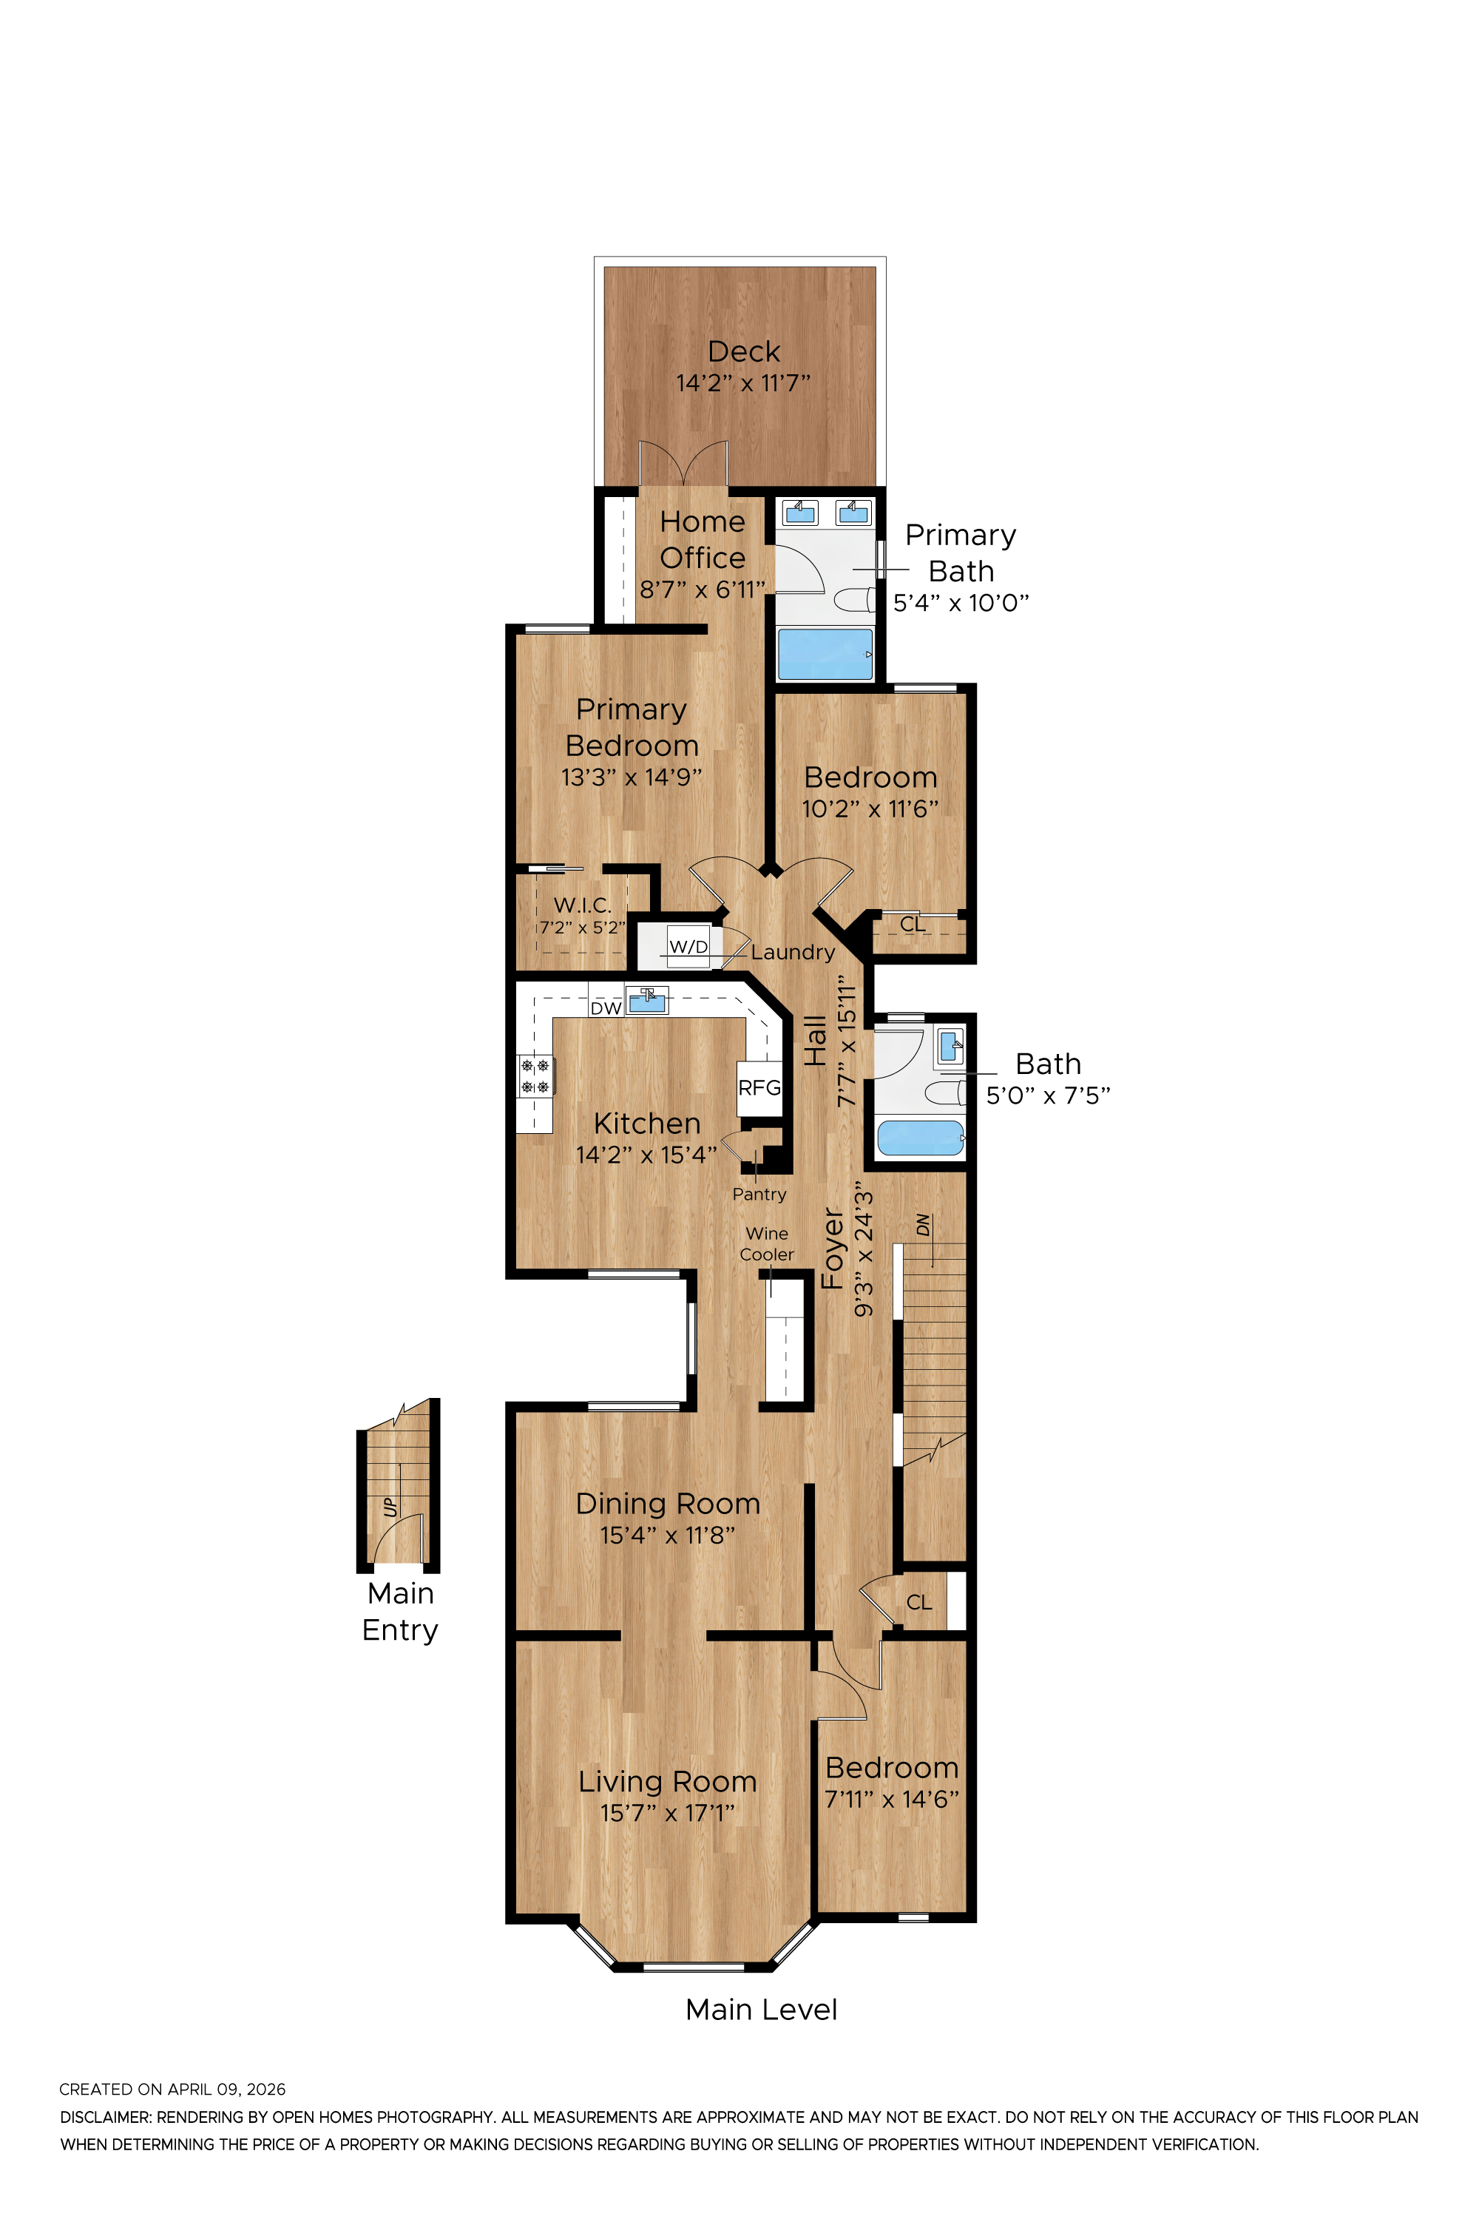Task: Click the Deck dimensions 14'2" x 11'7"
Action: pos(742,383)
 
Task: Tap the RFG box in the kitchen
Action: pos(759,1088)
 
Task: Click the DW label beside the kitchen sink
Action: pos(606,1007)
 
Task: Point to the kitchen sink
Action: pos(647,1000)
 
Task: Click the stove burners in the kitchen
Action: pos(535,1076)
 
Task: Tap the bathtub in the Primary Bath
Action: pos(825,654)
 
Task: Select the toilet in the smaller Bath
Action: pos(944,1092)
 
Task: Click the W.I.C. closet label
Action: pos(582,905)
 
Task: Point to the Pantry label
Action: pos(759,1195)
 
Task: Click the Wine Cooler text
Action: pos(767,1243)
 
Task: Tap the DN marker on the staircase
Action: pos(924,1225)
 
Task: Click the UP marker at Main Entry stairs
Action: pos(390,1506)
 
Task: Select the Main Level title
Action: pos(761,2010)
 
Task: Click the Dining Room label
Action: pos(668,1504)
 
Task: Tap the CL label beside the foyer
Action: pos(918,1603)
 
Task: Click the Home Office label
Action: pos(702,540)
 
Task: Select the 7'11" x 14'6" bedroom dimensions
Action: pos(891,1799)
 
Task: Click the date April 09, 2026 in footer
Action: pos(226,2089)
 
